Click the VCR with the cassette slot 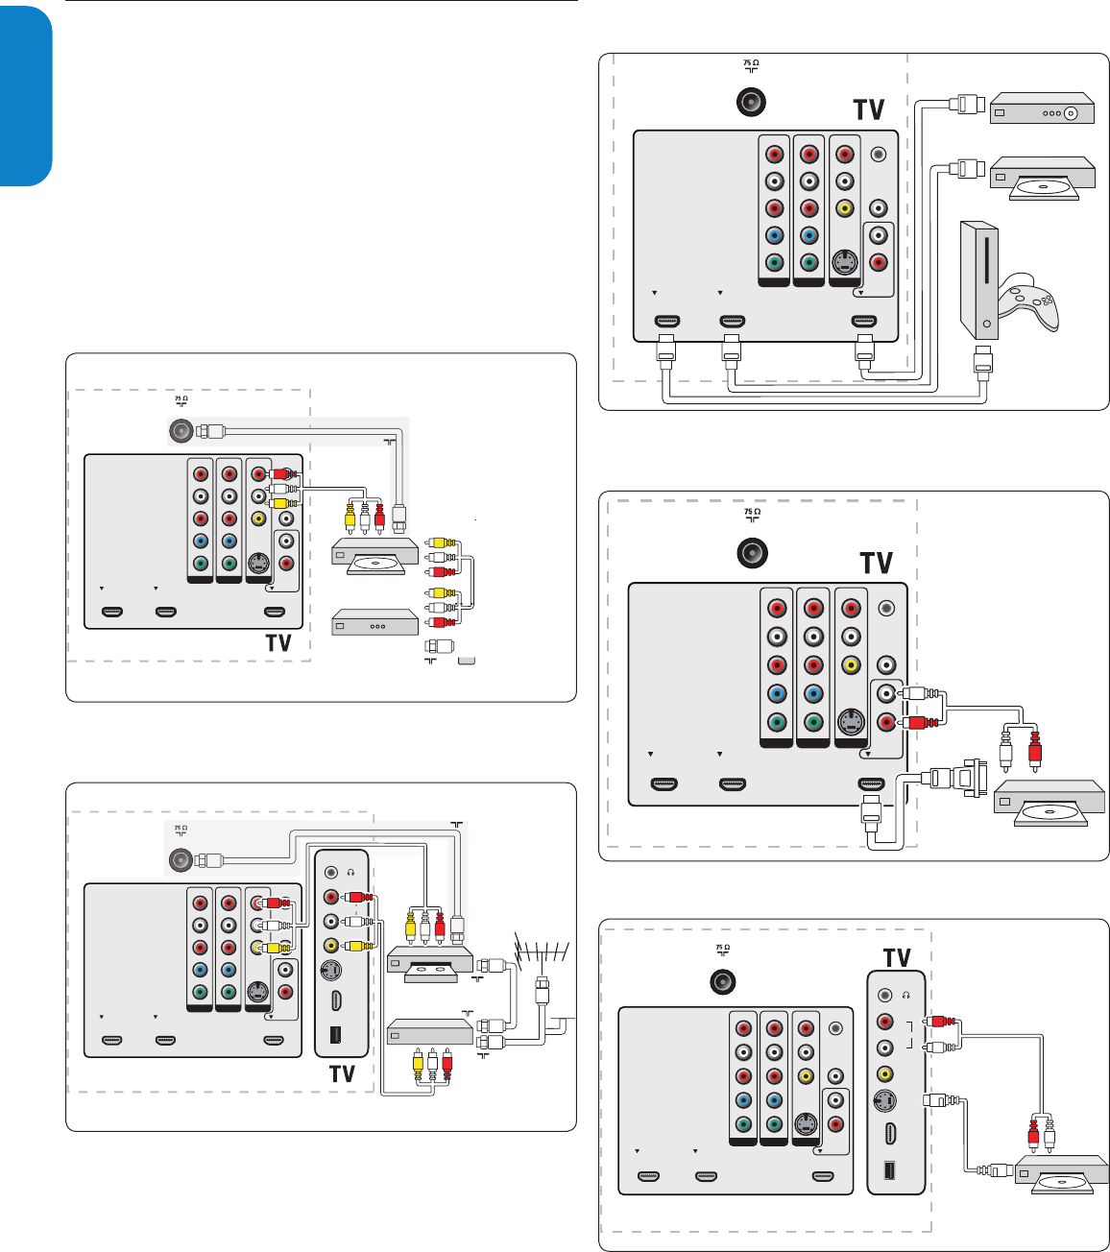point(430,963)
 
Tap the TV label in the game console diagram point(869,109)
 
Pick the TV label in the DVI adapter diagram point(877,563)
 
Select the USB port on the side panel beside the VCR point(335,1036)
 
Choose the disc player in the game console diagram point(1042,178)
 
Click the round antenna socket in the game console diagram point(751,102)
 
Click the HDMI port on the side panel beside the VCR point(335,1000)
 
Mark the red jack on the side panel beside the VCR point(332,898)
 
